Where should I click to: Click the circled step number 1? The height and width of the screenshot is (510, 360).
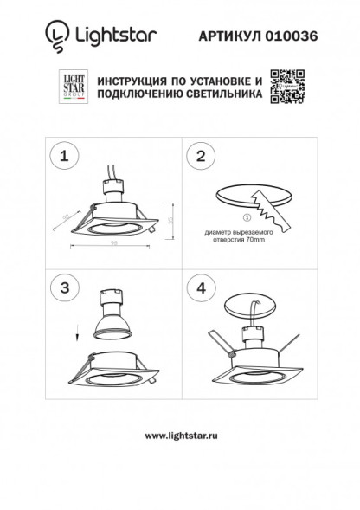[x=64, y=157]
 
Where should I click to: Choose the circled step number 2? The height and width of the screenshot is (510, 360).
[x=201, y=157]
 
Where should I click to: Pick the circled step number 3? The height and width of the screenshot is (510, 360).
[x=64, y=286]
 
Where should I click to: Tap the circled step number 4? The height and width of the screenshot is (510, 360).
[x=201, y=286]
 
